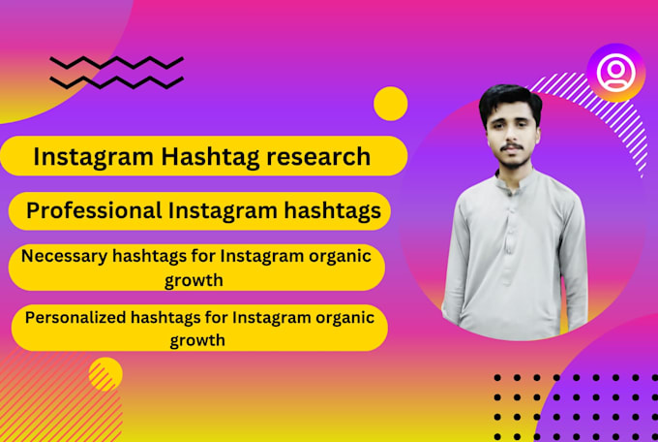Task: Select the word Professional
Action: pyautogui.click(x=94, y=210)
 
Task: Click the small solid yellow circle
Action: pyautogui.click(x=390, y=104)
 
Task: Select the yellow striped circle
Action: pyautogui.click(x=105, y=373)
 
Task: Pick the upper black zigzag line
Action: pyautogui.click(x=116, y=62)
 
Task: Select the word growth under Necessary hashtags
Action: pyautogui.click(x=196, y=280)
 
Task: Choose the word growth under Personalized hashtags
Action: pyautogui.click(x=197, y=340)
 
